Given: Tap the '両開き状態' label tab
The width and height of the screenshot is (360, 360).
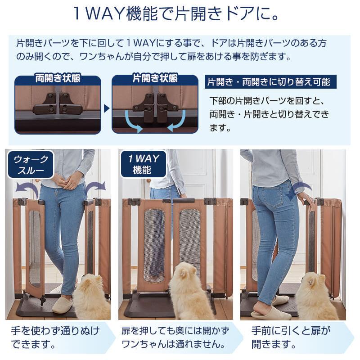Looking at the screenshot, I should tap(58, 79).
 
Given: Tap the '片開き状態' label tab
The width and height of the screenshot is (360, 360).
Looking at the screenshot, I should tap(154, 79).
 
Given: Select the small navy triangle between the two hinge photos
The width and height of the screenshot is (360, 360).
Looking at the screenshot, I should tap(107, 108).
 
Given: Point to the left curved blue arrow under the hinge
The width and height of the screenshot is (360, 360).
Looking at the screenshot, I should tap(133, 121).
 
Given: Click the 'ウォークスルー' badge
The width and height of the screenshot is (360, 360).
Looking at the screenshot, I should tap(31, 164).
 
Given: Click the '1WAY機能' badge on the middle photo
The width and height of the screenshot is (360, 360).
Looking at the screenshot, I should tap(143, 164).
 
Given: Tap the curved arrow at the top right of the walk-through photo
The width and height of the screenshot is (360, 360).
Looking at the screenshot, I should tap(95, 185).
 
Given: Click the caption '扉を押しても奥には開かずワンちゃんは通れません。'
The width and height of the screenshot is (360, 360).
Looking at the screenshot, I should tap(175, 338).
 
